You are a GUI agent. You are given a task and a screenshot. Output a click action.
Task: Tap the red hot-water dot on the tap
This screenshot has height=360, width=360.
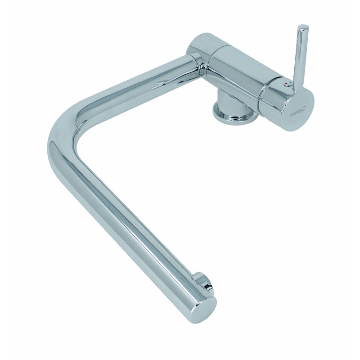285,83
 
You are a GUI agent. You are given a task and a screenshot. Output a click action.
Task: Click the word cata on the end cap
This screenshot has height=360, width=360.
295,114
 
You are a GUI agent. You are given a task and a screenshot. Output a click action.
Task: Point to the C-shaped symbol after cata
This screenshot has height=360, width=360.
303,111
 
